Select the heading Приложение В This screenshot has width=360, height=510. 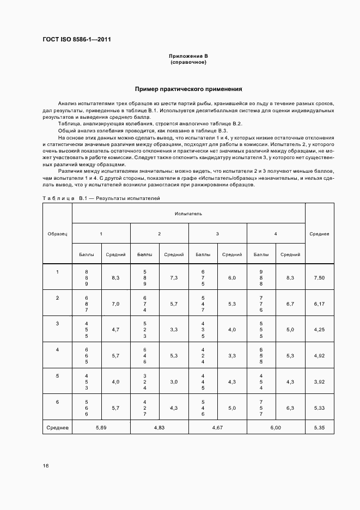click(188, 56)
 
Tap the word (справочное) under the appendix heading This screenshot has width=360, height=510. click(188, 62)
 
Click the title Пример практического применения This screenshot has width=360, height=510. click(188, 89)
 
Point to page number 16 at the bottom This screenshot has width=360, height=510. click(46, 466)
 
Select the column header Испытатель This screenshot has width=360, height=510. click(188, 214)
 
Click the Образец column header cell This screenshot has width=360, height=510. click(57, 234)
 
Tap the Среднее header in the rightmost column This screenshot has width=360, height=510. click(319, 234)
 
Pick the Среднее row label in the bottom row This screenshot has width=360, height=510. click(57, 428)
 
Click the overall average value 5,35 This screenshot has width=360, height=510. click(319, 428)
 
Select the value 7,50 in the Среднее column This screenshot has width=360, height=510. click(319, 278)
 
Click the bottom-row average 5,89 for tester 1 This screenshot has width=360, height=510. click(101, 428)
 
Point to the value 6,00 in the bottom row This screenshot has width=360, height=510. click(276, 428)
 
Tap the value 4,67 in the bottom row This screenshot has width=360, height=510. click(217, 428)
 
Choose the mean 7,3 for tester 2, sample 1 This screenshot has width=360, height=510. click(174, 278)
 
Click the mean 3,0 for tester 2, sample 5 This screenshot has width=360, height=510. click(174, 382)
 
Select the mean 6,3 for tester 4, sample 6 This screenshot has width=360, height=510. click(290, 408)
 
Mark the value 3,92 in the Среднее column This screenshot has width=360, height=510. click(319, 382)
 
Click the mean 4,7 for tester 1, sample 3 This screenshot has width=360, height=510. click(115, 330)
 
